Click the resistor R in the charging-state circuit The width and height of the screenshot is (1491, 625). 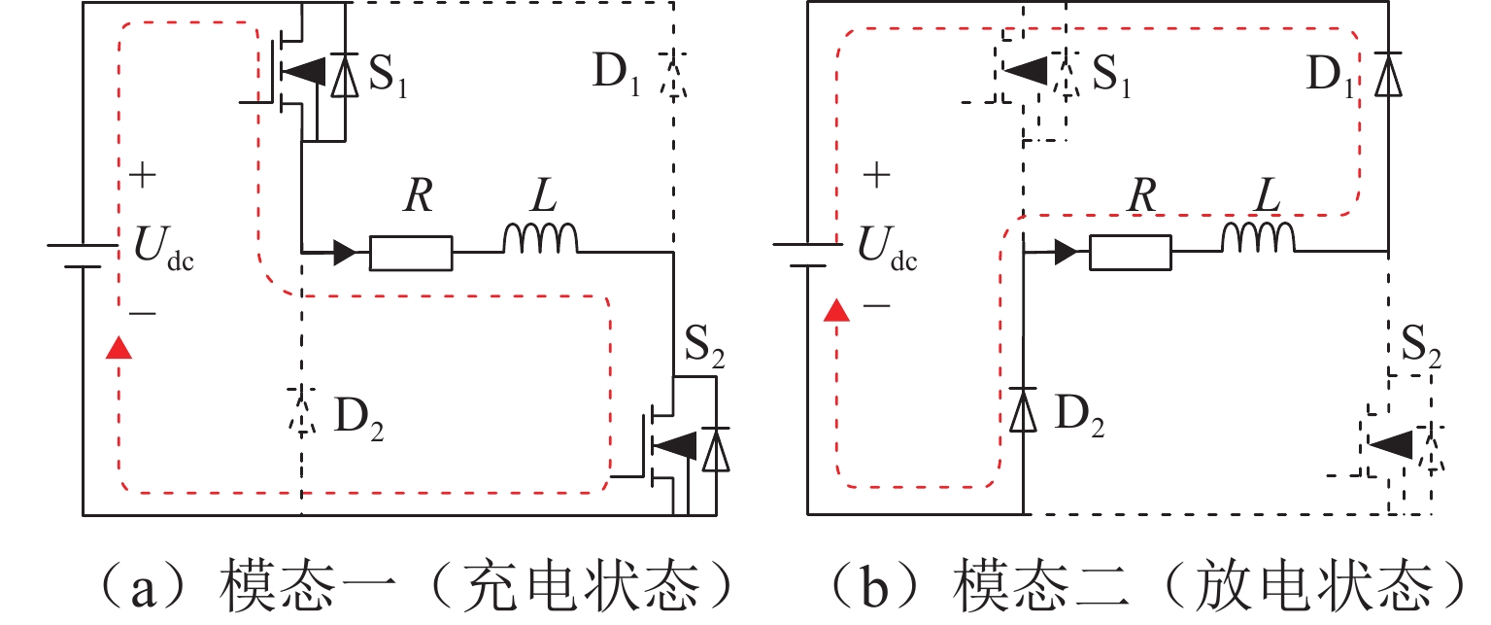pyautogui.click(x=410, y=253)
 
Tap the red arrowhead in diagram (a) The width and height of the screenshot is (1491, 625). pyautogui.click(x=119, y=347)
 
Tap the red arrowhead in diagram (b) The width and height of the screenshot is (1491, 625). pyautogui.click(x=832, y=311)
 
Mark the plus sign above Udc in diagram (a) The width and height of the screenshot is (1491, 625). pyautogui.click(x=142, y=177)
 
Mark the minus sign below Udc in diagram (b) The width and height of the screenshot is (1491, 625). pyautogui.click(x=876, y=306)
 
